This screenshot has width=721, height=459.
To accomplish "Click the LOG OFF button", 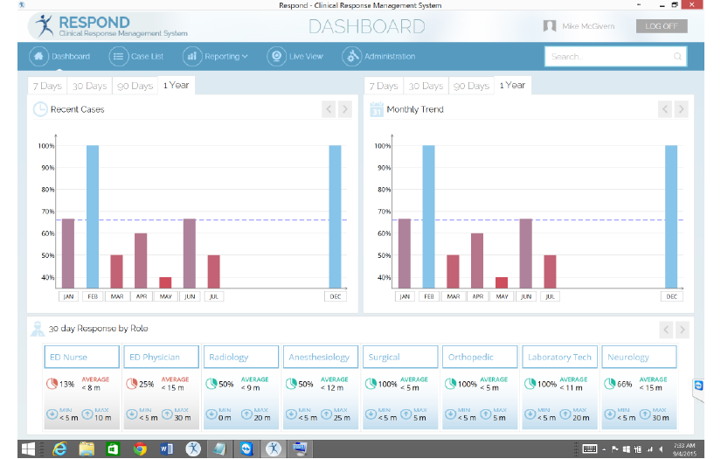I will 662,26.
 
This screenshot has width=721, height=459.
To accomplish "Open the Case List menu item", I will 137,57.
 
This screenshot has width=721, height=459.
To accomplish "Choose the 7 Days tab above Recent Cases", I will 47,86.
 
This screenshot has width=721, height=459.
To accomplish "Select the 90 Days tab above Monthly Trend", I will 471,86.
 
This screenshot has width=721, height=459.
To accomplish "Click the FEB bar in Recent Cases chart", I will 93,216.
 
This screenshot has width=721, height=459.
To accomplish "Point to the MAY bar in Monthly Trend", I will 501,282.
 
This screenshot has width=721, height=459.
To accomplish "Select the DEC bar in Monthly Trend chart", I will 671,216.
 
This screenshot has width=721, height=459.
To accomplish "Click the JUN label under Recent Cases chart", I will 189,296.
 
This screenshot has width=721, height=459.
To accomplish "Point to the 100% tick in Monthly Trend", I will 382,146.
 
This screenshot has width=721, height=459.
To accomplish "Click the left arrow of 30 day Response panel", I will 665,330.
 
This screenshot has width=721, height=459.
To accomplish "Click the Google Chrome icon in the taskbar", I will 140,449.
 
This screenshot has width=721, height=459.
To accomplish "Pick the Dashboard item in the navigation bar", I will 60,57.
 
